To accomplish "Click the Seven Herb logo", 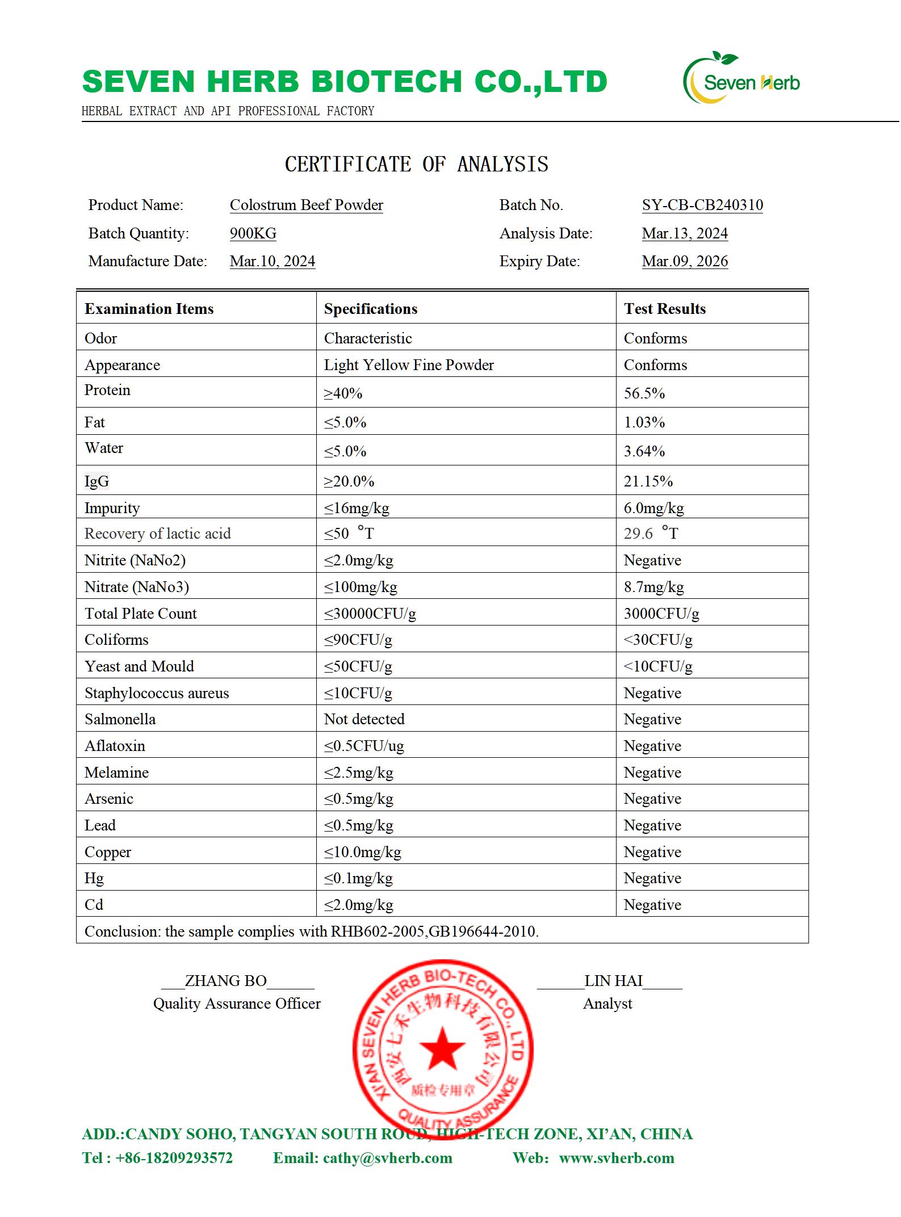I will (741, 79).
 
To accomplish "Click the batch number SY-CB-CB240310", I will (702, 205).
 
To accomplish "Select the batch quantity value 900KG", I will (253, 233).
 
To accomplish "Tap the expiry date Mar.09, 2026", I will (685, 261).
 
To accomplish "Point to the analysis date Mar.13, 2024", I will (685, 233).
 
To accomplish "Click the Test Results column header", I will (664, 309).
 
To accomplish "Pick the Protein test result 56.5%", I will (644, 393).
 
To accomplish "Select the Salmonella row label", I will (120, 719).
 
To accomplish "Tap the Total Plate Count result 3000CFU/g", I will (661, 614).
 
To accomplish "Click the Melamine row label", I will (116, 773).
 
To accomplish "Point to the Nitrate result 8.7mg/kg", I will (653, 587).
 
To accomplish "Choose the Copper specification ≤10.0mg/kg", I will (362, 852).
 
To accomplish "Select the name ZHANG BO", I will (225, 981).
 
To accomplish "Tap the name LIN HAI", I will (613, 981).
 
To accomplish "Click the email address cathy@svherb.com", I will (387, 1158).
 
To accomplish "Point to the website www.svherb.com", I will (617, 1158).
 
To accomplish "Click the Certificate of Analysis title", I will (416, 165).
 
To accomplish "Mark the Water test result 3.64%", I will (644, 451).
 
